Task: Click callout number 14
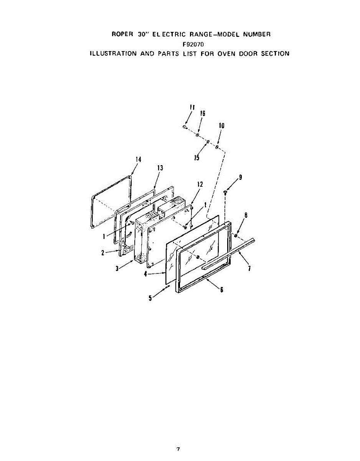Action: coord(139,159)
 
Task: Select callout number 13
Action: coord(160,168)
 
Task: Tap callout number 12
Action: coord(200,184)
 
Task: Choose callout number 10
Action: coord(221,126)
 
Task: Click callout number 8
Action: coord(246,216)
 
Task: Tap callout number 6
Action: coord(221,290)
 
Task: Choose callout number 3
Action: coord(117,269)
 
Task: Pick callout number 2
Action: coord(103,252)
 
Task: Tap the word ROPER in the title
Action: coord(122,34)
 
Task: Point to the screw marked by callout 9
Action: coord(225,192)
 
